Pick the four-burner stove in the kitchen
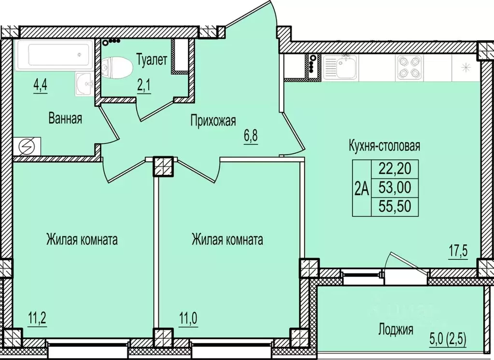tap(408, 68)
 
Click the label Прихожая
tap(212, 119)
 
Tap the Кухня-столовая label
tap(384, 145)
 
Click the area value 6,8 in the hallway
tap(250, 136)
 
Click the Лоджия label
tap(395, 330)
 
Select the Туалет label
tap(152, 60)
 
